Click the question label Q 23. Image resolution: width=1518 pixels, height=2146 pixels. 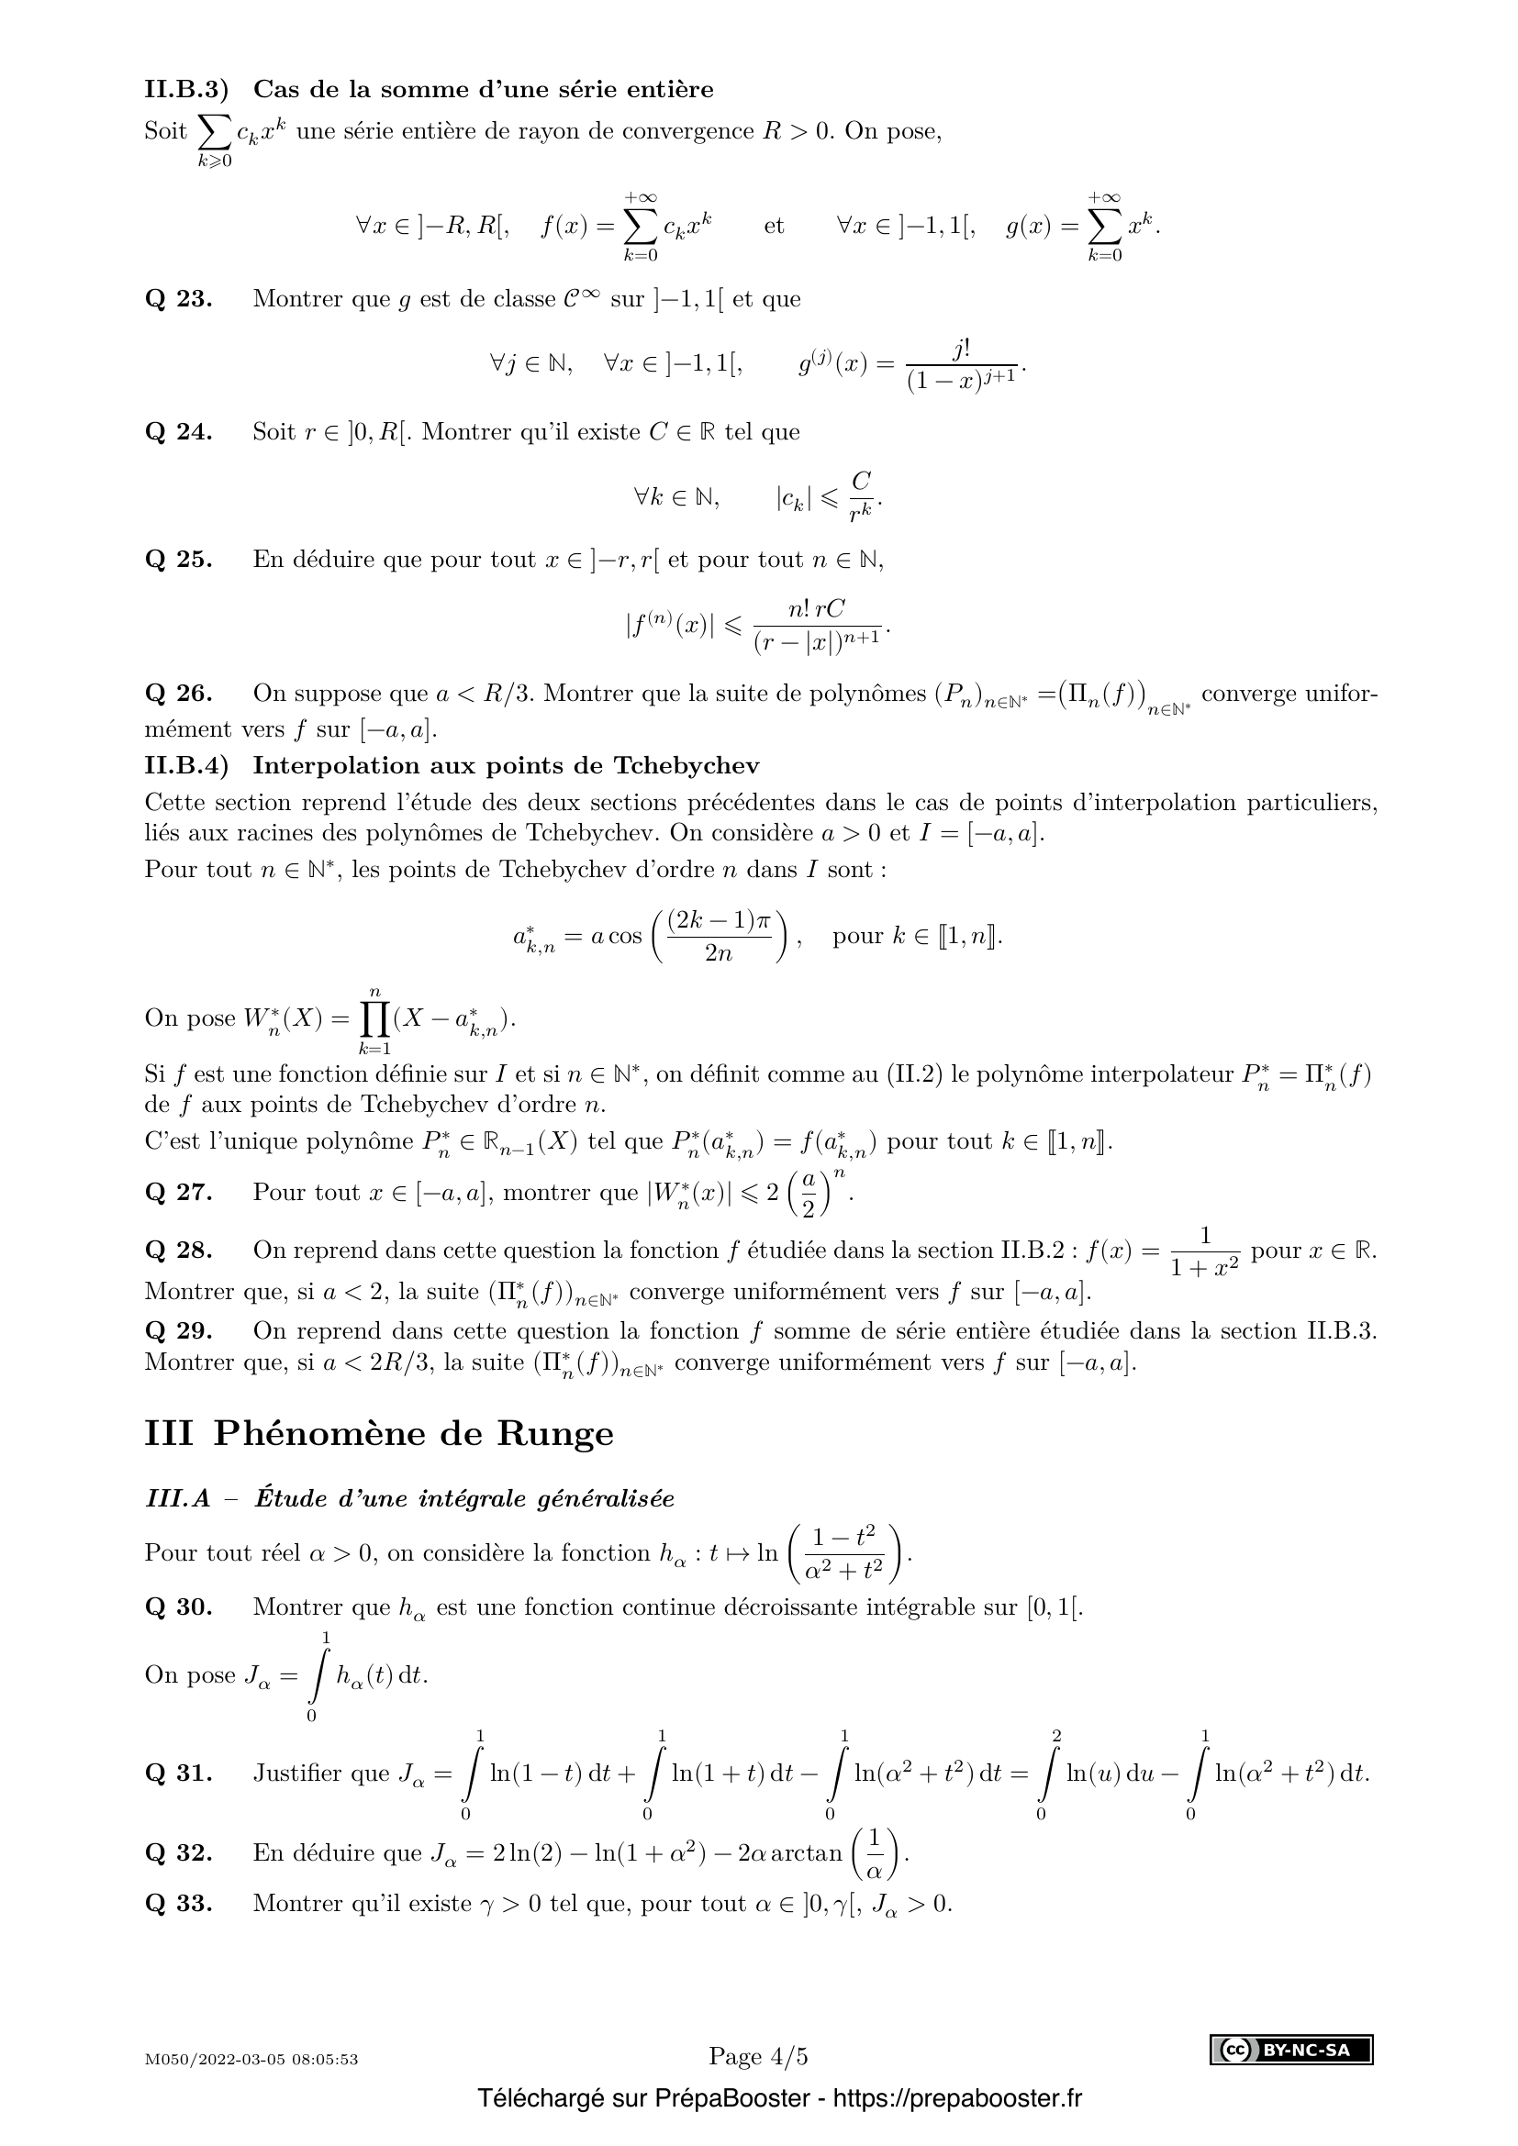pos(179,300)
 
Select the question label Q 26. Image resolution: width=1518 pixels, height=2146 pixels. pos(179,694)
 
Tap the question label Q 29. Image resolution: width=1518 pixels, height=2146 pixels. pos(179,1331)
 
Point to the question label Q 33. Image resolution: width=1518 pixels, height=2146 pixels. pos(179,1903)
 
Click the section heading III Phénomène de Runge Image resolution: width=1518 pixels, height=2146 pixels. pos(378,1434)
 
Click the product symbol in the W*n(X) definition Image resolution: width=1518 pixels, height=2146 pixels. pos(374,1018)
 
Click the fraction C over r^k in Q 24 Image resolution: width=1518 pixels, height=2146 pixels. pos(861,497)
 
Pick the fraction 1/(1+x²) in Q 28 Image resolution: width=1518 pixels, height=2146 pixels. pos(1205,1252)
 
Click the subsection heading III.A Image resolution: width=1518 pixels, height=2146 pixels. pos(409,1499)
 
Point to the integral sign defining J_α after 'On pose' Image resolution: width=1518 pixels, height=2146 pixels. pos(318,1676)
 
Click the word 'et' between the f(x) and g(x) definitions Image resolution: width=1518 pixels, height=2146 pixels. pos(774,227)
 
